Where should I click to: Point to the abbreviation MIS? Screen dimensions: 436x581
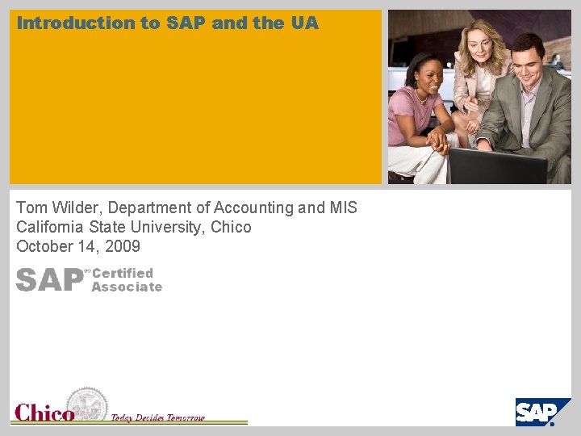point(343,208)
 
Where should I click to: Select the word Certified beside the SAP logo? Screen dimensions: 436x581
point(123,273)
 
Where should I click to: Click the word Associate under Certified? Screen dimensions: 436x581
point(127,287)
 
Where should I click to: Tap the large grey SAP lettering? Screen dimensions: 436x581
point(49,279)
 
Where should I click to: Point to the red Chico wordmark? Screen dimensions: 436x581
point(44,413)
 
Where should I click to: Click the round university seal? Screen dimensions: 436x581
point(86,404)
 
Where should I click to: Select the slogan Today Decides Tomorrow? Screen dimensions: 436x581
point(158,418)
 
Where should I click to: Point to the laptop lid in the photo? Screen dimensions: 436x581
point(497,166)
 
